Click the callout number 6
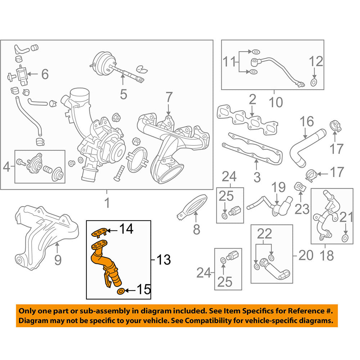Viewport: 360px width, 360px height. point(45,75)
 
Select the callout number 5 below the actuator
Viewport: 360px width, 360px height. point(123,94)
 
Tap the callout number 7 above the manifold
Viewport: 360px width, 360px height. point(169,98)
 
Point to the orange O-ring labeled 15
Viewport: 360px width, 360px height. point(122,291)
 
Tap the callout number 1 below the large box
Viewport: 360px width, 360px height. point(107,204)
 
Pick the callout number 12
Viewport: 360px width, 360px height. point(316,62)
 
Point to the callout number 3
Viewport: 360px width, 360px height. point(257,177)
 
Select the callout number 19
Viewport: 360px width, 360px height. point(278,188)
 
